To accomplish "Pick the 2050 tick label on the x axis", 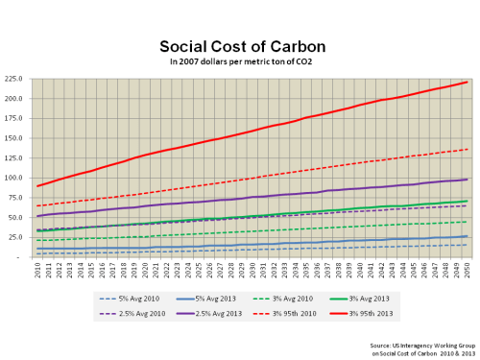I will pyautogui.click(x=467, y=271).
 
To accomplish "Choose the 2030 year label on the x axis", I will pyautogui.click(x=252, y=271).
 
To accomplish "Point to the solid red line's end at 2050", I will pyautogui.click(x=467, y=82).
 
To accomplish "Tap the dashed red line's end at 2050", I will pyautogui.click(x=467, y=149).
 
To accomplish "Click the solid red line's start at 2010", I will pyautogui.click(x=38, y=186).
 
